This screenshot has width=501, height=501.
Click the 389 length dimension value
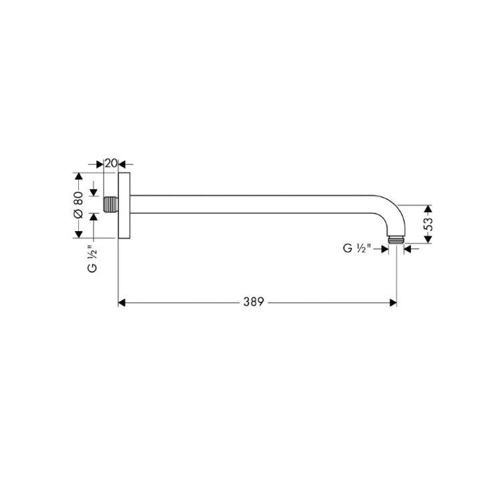click(254, 302)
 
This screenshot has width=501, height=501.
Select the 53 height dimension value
click(428, 224)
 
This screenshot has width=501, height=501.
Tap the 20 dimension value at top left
click(111, 163)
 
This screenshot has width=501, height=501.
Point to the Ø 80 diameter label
click(79, 205)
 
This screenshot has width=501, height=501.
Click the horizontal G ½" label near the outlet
click(357, 248)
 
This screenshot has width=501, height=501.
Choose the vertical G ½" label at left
click(92, 259)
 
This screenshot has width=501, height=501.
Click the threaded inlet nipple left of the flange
click(111, 204)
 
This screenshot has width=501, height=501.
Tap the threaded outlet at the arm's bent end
click(396, 240)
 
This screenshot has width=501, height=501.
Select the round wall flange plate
click(124, 206)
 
